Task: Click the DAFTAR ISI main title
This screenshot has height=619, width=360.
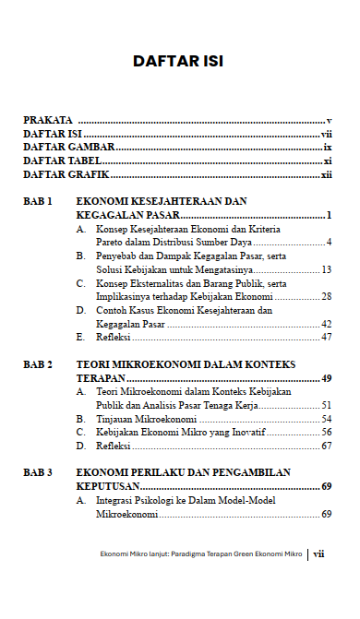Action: pyautogui.click(x=178, y=63)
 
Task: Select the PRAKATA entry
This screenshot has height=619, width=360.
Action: pyautogui.click(x=49, y=121)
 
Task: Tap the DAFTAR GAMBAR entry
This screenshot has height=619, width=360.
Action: pyautogui.click(x=68, y=148)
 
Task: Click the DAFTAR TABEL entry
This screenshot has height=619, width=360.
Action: pyautogui.click(x=62, y=161)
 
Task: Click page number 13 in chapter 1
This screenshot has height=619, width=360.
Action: pyautogui.click(x=326, y=269)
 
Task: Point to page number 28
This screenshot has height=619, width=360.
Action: pyautogui.click(x=326, y=297)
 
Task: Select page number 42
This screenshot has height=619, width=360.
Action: pyautogui.click(x=326, y=325)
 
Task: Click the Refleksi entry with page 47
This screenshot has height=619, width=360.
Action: pyautogui.click(x=114, y=338)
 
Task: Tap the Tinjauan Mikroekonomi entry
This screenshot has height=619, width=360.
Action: pyautogui.click(x=145, y=419)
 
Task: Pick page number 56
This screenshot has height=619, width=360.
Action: pyautogui.click(x=326, y=432)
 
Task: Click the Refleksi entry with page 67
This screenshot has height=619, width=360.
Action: pyautogui.click(x=114, y=446)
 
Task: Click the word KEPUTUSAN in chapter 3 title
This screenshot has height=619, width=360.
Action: pyautogui.click(x=108, y=486)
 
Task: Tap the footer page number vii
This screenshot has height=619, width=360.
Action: pyautogui.click(x=319, y=554)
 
